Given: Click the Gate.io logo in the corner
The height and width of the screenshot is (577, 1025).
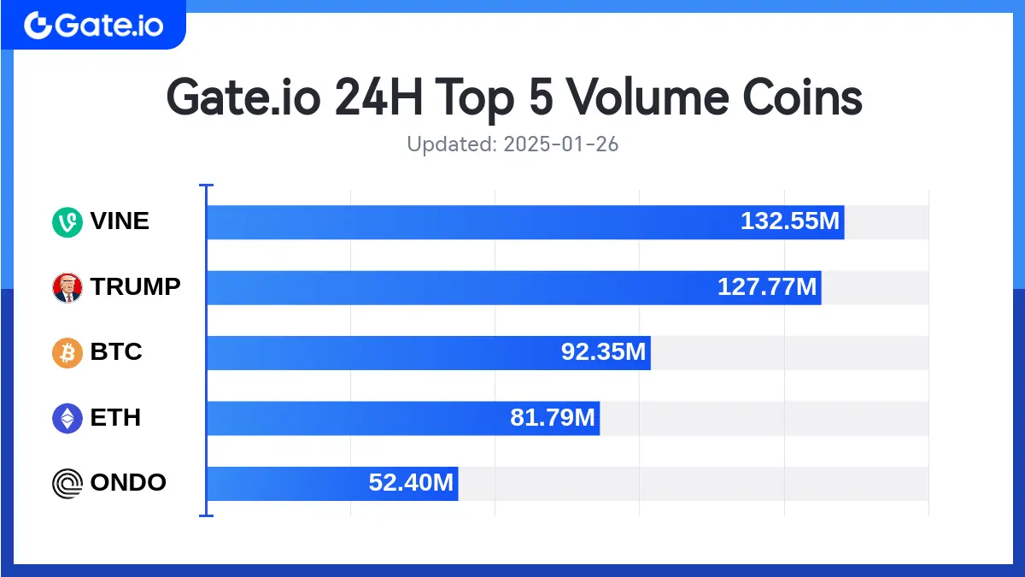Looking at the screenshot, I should click(x=93, y=25).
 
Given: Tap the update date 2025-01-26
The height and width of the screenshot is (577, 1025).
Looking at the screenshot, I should click(x=560, y=144).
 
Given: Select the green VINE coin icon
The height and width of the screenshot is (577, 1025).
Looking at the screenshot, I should click(x=67, y=222).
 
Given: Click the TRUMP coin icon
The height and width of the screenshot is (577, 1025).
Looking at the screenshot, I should click(x=67, y=287).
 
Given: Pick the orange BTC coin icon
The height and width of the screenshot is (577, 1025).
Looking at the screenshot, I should click(x=67, y=352).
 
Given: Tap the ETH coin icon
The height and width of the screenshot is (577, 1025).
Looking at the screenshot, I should click(x=67, y=418).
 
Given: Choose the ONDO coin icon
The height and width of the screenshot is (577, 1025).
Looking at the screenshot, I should click(x=67, y=483).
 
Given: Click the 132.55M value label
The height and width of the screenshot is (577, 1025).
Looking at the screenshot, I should click(x=790, y=222).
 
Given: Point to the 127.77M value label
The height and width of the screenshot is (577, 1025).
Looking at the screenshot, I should click(x=767, y=287).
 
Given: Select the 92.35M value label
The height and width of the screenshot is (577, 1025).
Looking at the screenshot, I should click(x=603, y=352).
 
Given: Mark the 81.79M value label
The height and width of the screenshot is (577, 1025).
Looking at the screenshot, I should click(x=552, y=418).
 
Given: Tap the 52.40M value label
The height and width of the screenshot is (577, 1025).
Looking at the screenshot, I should click(x=411, y=483).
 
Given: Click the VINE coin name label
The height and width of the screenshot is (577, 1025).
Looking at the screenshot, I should click(x=120, y=221).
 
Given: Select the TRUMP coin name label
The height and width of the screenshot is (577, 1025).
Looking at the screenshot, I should click(x=136, y=286).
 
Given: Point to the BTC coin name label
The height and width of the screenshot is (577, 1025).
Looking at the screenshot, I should click(x=116, y=351).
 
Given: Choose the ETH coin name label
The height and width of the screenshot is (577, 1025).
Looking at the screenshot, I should click(x=115, y=417).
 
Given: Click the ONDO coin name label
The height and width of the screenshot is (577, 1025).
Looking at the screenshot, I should click(x=128, y=482).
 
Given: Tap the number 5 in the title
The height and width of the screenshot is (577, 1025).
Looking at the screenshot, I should click(x=536, y=98).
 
